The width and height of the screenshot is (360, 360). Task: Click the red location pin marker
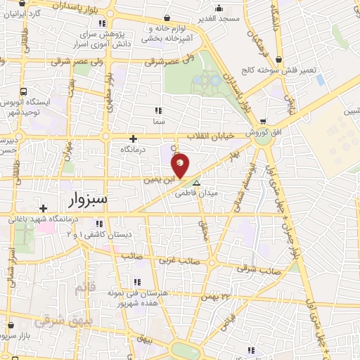[180, 165]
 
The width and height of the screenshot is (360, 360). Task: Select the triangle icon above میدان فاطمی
[196, 182]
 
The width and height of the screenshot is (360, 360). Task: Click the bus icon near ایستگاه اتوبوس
[25, 91]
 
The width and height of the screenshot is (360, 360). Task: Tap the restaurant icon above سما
[158, 110]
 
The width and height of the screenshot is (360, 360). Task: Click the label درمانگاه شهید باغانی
[52, 219]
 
